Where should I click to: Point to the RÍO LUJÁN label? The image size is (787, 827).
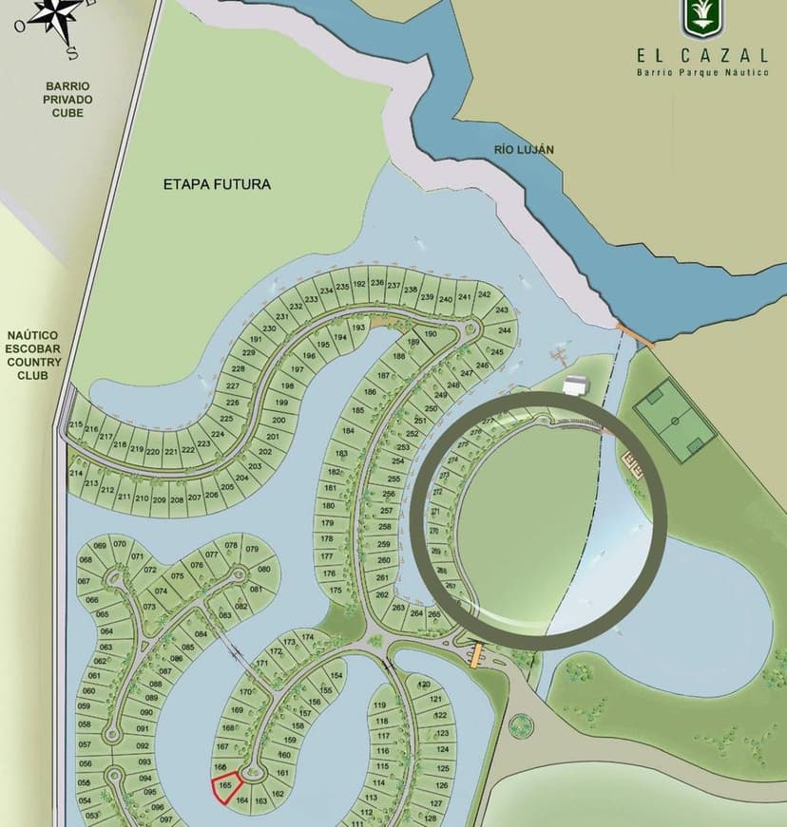pyautogui.click(x=524, y=149)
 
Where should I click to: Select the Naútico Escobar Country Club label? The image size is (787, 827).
pyautogui.click(x=32, y=354)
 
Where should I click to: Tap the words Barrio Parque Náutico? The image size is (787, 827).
pyautogui.click(x=702, y=72)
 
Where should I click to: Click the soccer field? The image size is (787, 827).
pyautogui.click(x=674, y=421)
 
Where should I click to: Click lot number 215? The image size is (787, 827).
pyautogui.click(x=76, y=425)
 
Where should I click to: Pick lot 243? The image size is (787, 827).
pyautogui.click(x=502, y=310)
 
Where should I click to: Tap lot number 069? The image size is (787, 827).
pyautogui.click(x=99, y=546)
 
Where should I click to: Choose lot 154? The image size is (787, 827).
pyautogui.click(x=336, y=675)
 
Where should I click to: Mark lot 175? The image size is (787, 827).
pyautogui.click(x=334, y=590)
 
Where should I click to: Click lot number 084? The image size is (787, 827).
pyautogui.click(x=201, y=633)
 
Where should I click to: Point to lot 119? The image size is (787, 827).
pyautogui.click(x=380, y=705)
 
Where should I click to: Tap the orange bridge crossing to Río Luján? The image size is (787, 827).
pyautogui.click(x=633, y=335)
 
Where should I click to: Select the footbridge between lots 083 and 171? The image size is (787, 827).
pyautogui.click(x=233, y=647)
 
